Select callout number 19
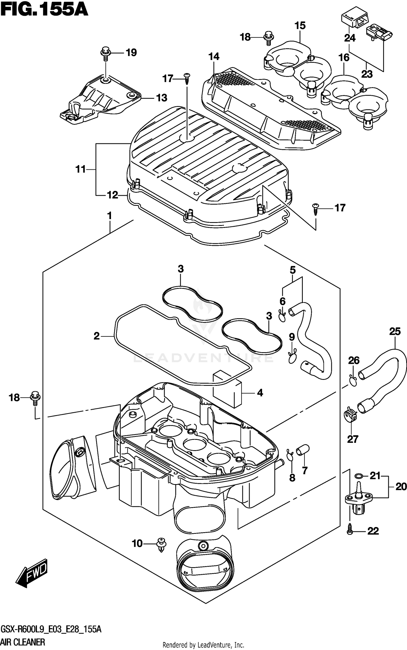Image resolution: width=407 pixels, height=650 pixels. pyautogui.click(x=131, y=53)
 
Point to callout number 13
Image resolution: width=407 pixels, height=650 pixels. pyautogui.click(x=162, y=98)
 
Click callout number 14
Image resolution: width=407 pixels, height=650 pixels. pyautogui.click(x=214, y=56)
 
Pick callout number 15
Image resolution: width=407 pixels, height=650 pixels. pyautogui.click(x=300, y=26)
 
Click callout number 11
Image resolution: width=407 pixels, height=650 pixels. pyautogui.click(x=81, y=169)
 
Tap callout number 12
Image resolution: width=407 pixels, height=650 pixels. pyautogui.click(x=113, y=195)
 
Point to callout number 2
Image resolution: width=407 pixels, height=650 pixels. pyautogui.click(x=97, y=336)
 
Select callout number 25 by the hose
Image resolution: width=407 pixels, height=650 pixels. pyautogui.click(x=395, y=332)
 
